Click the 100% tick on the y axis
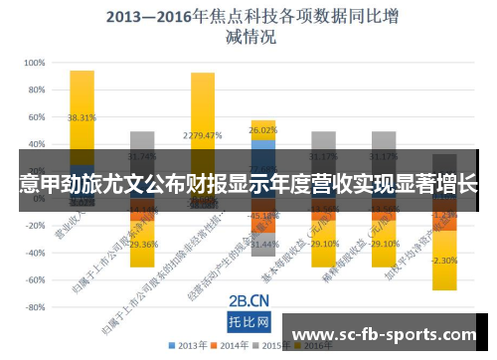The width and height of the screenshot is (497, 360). tap(33, 62)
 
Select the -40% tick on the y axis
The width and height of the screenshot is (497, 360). tap(33, 253)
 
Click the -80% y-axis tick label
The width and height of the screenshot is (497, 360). tap(33, 307)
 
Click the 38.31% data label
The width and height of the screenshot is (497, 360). tap(82, 116)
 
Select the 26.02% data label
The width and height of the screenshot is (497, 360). tap(263, 130)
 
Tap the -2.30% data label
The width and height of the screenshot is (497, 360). tap(443, 261)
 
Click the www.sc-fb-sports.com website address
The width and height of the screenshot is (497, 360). tap(387, 336)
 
